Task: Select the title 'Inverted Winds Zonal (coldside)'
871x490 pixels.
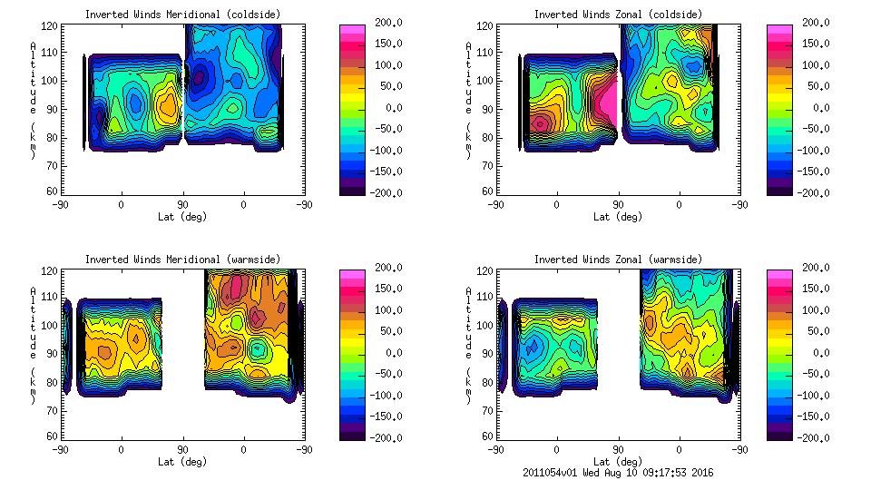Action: (618, 15)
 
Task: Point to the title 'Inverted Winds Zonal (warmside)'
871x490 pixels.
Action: (618, 260)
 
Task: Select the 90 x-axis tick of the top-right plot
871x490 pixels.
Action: (619, 205)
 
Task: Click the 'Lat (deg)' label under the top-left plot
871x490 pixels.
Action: (182, 217)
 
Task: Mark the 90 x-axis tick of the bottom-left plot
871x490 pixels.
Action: (182, 449)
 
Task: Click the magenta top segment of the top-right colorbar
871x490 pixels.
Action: (779, 29)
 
